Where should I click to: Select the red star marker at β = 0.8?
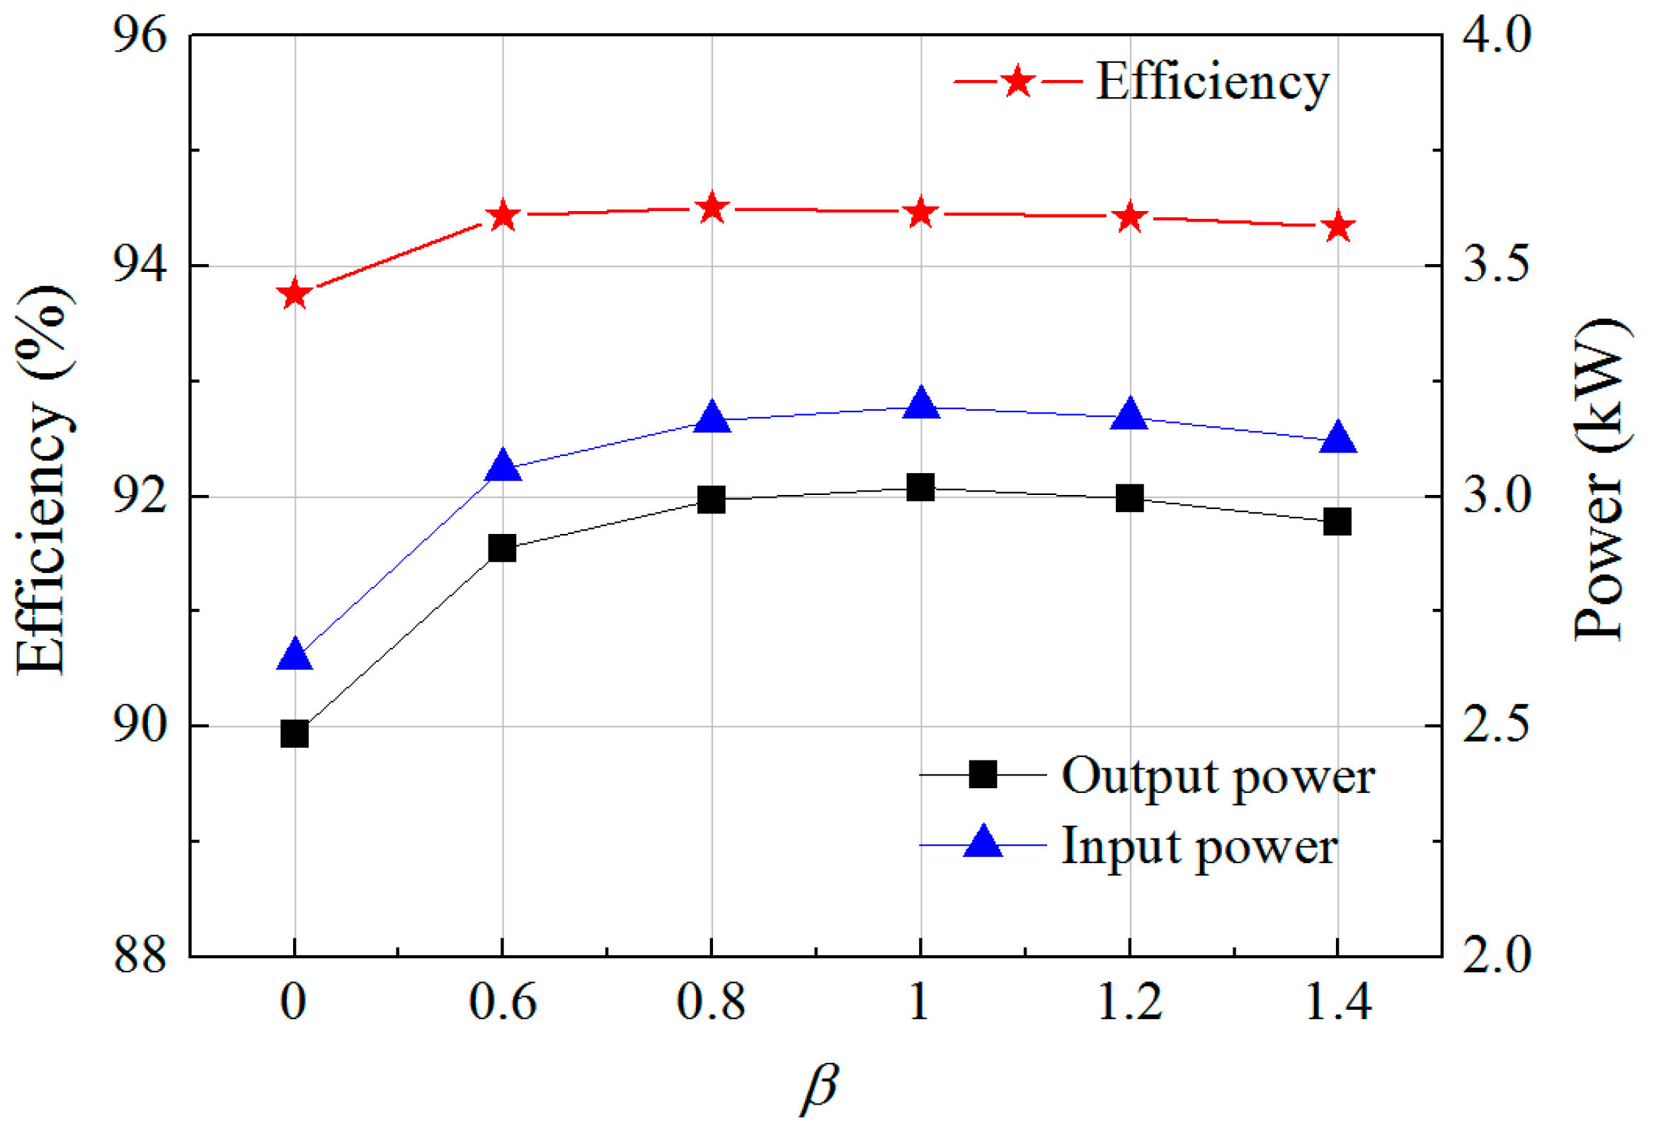711,209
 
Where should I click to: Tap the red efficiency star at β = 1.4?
1338,227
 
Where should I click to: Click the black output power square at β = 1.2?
1129,498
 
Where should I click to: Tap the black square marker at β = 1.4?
1337,522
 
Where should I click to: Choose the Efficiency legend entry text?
1211,83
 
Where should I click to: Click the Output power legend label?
1217,776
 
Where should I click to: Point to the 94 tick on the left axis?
140,266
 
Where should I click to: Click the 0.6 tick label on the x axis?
503,1003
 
